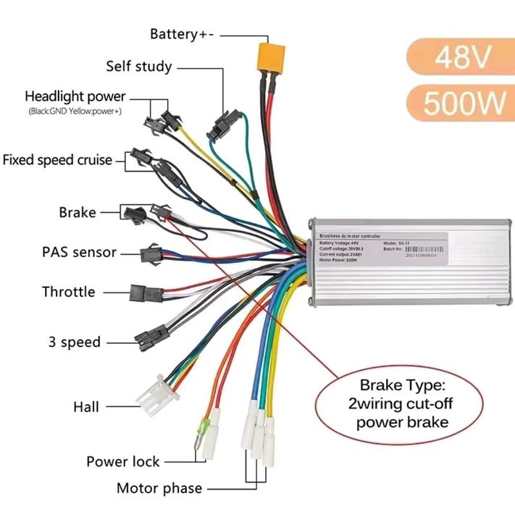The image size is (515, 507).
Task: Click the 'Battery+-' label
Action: [183, 34]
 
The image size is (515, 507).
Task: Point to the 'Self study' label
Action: [138, 67]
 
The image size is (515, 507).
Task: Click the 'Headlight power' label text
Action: [75, 96]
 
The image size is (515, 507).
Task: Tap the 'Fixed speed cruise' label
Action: [57, 159]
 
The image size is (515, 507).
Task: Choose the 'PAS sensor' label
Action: [79, 253]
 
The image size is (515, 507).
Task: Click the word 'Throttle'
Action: [68, 292]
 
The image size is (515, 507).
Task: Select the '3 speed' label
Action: [74, 341]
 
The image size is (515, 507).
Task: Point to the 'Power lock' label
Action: [123, 461]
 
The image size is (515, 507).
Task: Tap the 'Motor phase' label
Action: [159, 487]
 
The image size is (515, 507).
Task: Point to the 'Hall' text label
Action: [86, 407]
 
